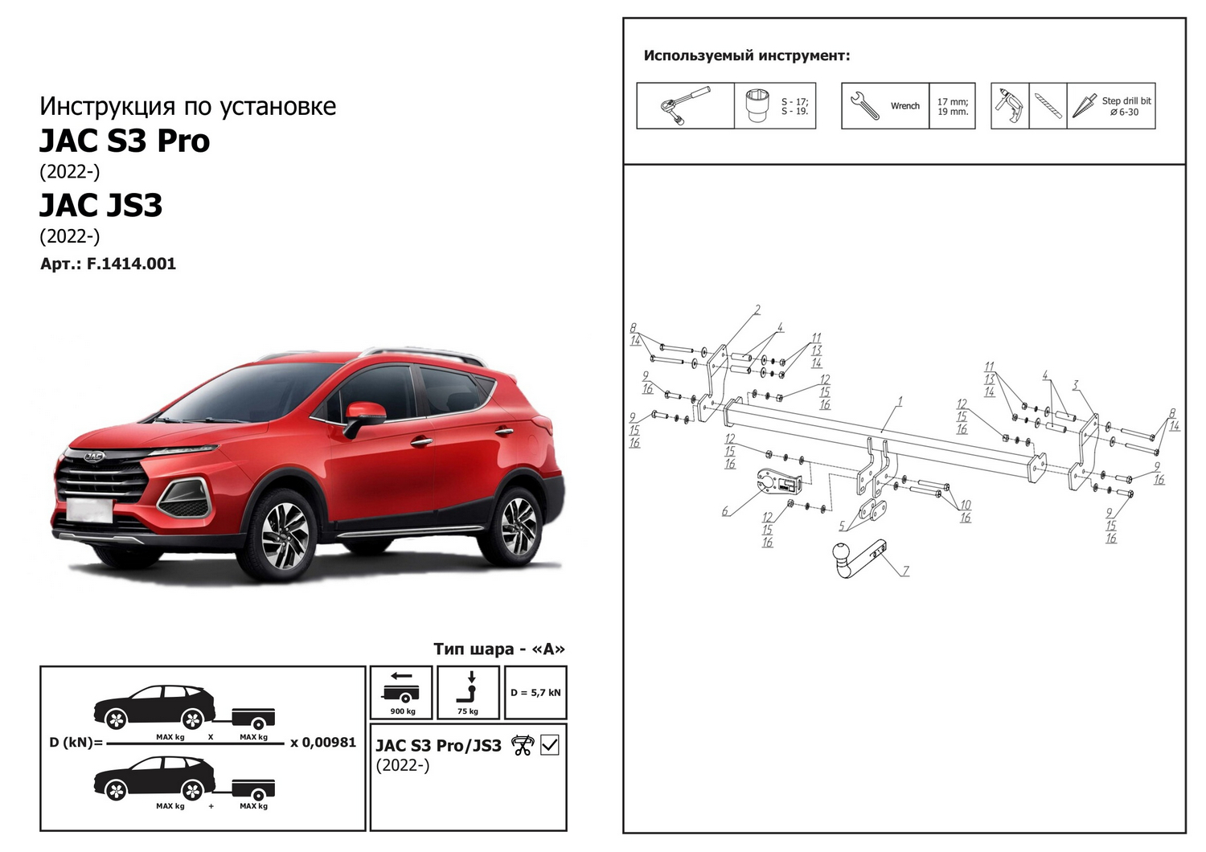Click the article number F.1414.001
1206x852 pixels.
click(x=131, y=264)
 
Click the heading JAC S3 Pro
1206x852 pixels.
click(x=125, y=141)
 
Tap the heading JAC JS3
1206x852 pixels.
click(x=100, y=205)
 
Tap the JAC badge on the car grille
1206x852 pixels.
click(x=94, y=457)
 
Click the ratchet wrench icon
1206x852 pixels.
click(x=685, y=105)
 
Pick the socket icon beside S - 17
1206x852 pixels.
click(x=758, y=106)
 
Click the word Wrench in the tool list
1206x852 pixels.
click(x=905, y=106)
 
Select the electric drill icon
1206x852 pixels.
click(x=1010, y=106)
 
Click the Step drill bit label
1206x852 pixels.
click(x=1126, y=100)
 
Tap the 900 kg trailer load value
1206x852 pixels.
click(x=403, y=711)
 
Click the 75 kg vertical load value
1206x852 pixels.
click(x=467, y=711)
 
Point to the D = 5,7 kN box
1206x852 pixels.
click(x=535, y=692)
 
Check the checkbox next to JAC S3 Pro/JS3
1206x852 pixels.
click(x=549, y=745)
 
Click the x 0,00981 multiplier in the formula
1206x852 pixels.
click(x=323, y=742)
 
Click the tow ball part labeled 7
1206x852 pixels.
click(x=858, y=558)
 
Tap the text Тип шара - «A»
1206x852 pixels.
click(x=499, y=649)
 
